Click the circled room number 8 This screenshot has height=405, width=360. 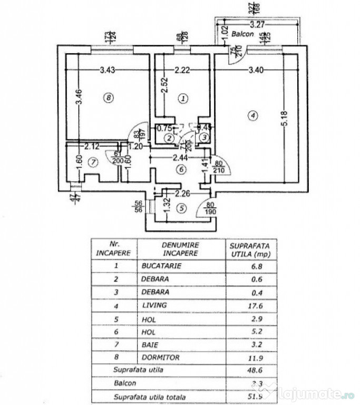coord(108,97)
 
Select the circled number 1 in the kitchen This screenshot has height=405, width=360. coord(183,98)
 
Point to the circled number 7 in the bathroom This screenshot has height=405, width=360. coord(93,162)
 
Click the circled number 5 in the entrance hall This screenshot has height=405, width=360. coord(182,208)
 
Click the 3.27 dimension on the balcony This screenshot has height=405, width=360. coord(257,24)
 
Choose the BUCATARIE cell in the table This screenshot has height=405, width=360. coord(161,266)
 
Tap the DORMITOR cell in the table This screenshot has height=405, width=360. coord(161,357)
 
